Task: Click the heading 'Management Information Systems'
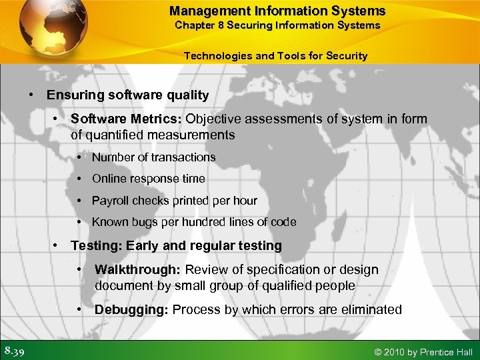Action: point(277,11)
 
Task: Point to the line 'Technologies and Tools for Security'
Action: point(275,55)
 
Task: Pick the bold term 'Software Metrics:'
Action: point(126,119)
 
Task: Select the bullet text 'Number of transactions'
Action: point(153,157)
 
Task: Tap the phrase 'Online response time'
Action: point(148,179)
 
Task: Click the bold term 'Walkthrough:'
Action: point(138,269)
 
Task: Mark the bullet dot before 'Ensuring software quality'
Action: point(31,95)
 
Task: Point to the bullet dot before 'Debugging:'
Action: point(79,309)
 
